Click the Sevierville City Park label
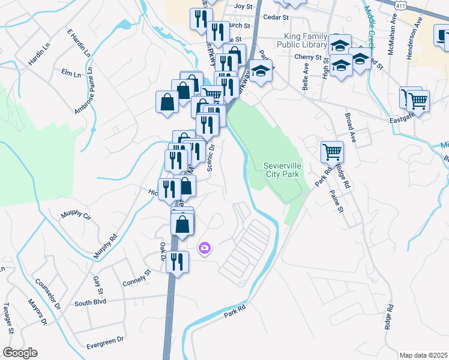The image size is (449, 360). point(282,170)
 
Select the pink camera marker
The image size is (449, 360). point(205,247)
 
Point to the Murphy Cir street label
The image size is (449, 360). point(75,215)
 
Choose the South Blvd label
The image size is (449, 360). point(90,302)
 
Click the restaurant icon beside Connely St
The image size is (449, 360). point(177,261)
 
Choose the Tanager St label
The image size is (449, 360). point(8,319)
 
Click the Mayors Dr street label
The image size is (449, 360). point(37,311)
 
